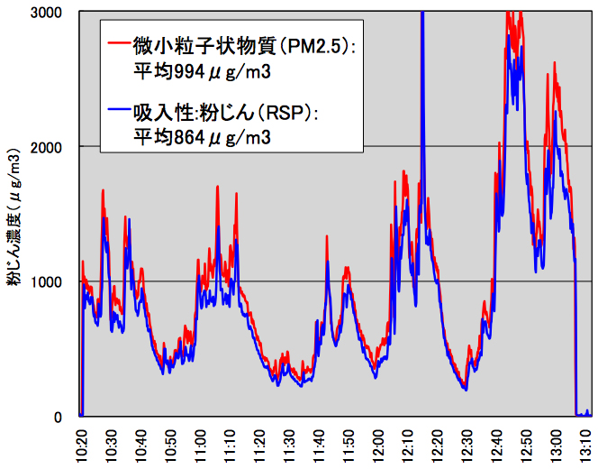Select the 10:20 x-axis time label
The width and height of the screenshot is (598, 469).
pos(80,444)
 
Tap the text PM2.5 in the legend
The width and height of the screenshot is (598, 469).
pos(305,43)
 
